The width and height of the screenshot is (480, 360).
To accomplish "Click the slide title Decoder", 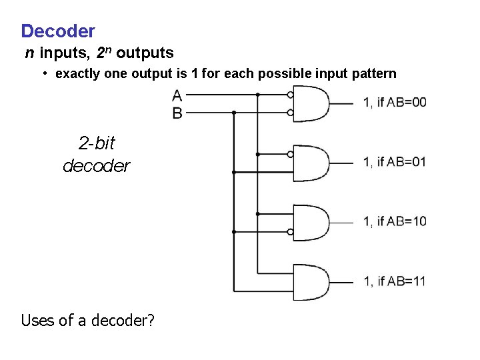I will click(x=58, y=31).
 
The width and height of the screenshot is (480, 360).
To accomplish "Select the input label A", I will click(x=177, y=95).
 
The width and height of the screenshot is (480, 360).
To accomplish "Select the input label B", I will click(x=177, y=113).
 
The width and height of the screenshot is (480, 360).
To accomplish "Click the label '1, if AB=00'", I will click(x=395, y=102).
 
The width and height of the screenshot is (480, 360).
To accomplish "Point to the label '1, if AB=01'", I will click(x=395, y=162).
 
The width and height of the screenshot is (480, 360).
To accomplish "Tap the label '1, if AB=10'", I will click(x=395, y=221).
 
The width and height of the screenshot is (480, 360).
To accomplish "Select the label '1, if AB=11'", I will click(x=395, y=281).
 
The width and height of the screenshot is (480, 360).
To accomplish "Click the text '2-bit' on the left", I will click(x=97, y=143).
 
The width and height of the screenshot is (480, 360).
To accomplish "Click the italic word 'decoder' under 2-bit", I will click(x=97, y=165).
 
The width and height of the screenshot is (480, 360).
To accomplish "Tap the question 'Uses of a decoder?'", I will click(x=88, y=321).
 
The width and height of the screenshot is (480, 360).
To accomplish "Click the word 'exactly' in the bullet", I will click(x=78, y=73).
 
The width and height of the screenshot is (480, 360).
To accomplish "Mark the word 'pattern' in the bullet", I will click(x=373, y=73).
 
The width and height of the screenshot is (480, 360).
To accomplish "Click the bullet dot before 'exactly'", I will click(x=45, y=73).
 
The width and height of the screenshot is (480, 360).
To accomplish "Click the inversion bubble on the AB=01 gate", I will click(x=290, y=154).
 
